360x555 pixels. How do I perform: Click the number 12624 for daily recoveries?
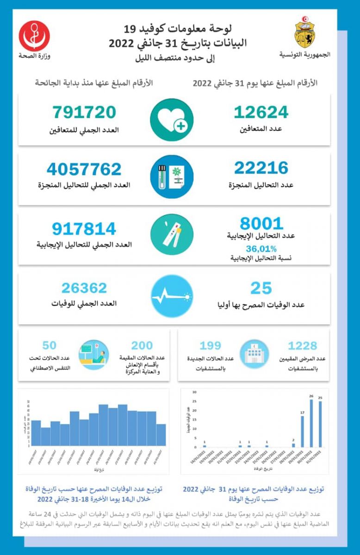pyautogui.click(x=261, y=112)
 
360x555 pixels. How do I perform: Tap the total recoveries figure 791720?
pyautogui.click(x=84, y=112)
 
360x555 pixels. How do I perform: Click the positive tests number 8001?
pyautogui.click(x=261, y=224)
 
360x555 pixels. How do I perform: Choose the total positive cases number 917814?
pyautogui.click(x=84, y=228)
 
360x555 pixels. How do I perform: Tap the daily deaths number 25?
pyautogui.click(x=261, y=289)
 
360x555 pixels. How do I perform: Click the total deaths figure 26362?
pyautogui.click(x=84, y=288)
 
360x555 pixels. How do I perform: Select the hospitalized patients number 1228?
pyautogui.click(x=302, y=345)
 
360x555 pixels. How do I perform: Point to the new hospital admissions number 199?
pyautogui.click(x=210, y=345)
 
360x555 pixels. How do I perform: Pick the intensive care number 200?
pyautogui.click(x=142, y=345)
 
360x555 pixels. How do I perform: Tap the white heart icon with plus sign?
pyautogui.click(x=172, y=119)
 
